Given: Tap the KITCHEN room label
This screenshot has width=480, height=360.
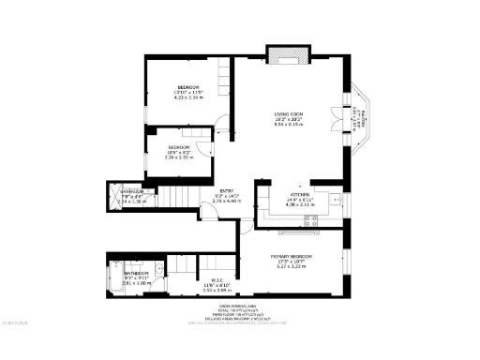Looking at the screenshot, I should [285, 193].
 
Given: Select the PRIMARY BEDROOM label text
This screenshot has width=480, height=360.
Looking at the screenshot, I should [292, 256].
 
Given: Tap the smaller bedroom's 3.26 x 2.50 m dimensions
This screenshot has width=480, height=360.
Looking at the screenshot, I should [178, 157].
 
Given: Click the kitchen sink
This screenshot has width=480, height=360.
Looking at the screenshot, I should [335, 201].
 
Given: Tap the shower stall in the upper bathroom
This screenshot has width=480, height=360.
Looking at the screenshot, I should [117, 196].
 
